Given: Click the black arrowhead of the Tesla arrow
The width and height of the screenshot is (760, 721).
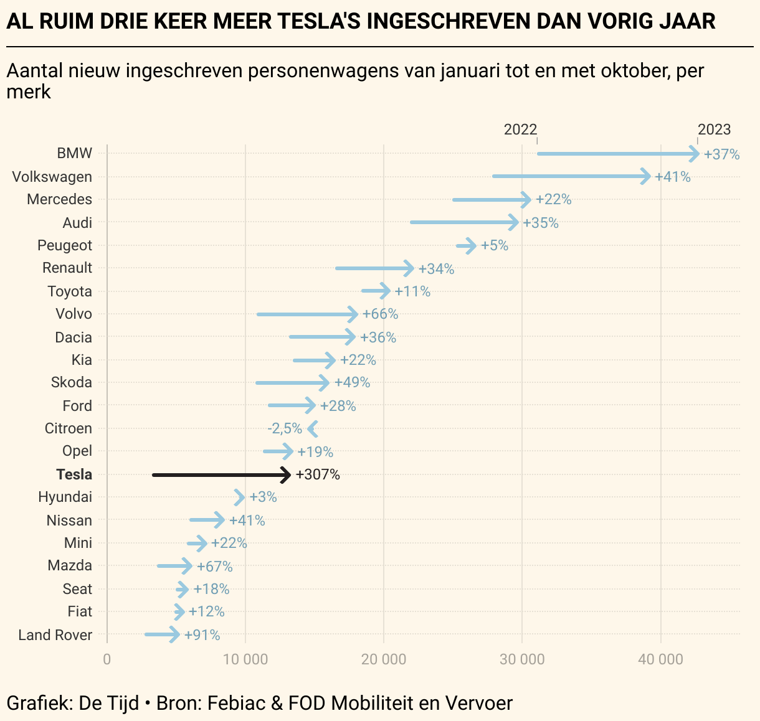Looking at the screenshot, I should coord(287,475).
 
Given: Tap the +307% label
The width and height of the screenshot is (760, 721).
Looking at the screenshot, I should coord(318,475).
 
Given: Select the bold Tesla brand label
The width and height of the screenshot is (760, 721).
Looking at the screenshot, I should coord(74,474).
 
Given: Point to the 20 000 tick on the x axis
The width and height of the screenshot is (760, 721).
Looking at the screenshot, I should coord(384,659).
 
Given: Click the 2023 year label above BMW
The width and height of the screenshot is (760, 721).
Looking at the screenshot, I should coord(714,130).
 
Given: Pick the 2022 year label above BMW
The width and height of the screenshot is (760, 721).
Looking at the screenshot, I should coord(520,130).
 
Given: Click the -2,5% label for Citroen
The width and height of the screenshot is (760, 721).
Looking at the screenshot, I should coord(285,429).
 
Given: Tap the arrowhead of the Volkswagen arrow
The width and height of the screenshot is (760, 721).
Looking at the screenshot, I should coord(647,177).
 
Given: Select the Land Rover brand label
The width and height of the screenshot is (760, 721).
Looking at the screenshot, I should coord(55,635).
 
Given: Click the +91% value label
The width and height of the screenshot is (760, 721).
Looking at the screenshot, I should coord(202,635).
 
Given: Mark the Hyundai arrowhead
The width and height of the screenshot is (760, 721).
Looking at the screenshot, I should coord(240,497).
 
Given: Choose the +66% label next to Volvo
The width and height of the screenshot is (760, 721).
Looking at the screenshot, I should coord(380,314).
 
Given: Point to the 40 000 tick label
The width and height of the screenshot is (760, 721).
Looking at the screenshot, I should coord(660,659).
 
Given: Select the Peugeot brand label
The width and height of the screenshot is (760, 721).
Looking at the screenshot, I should coord(65,245).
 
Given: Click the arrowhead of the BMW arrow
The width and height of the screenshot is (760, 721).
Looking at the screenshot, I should coord(695,154).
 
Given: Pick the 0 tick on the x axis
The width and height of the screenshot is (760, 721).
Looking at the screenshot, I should coord(107,659).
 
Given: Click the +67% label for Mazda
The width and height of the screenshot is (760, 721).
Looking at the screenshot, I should coord(215,567).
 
